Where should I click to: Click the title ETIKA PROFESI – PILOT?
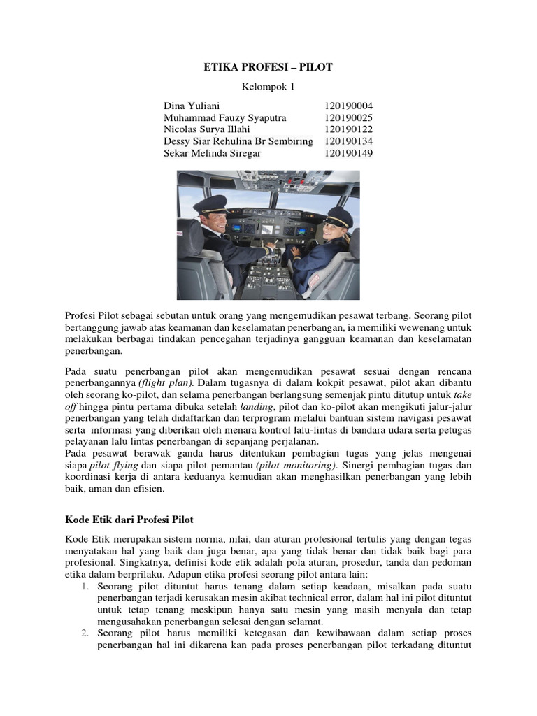pos(268,67)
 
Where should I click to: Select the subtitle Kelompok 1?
pos(268,87)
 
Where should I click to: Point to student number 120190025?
pos(348,117)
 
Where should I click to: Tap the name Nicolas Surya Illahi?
pos(206,129)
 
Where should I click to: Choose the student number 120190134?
pos(348,141)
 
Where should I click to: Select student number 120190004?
pos(348,106)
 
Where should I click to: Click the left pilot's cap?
pos(210,203)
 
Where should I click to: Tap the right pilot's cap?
pos(338,216)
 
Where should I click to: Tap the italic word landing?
pos(255,406)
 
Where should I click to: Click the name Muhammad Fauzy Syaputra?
pos(224,117)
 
